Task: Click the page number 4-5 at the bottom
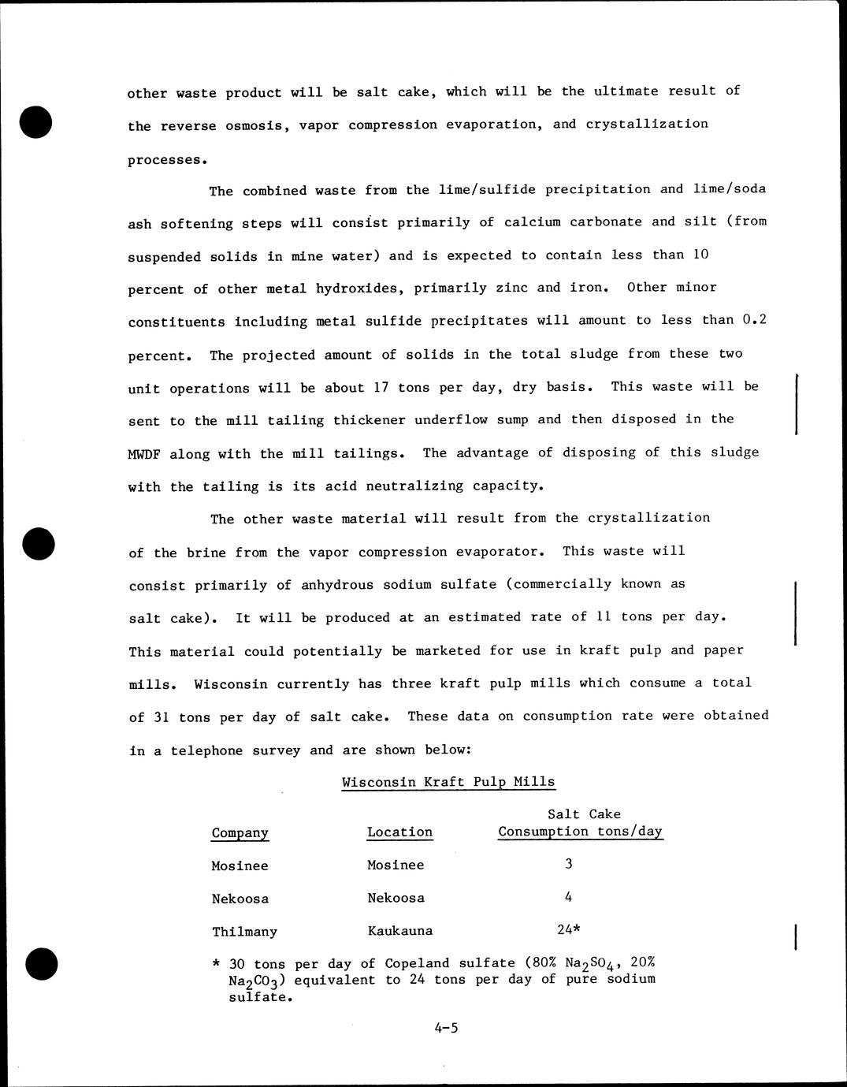[x=445, y=1027]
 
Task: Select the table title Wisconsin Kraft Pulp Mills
[x=448, y=782]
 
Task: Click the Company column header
[x=240, y=832]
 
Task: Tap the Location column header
[x=399, y=832]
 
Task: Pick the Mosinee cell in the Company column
[x=240, y=866]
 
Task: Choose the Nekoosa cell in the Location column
[x=396, y=898]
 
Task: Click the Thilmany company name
[x=244, y=931]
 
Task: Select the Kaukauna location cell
[x=399, y=930]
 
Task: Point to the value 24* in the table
[x=569, y=929]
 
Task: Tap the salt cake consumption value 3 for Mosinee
[x=568, y=863]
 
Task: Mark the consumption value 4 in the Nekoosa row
[x=568, y=896]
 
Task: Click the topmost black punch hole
[x=36, y=123]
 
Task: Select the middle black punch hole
[x=36, y=542]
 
